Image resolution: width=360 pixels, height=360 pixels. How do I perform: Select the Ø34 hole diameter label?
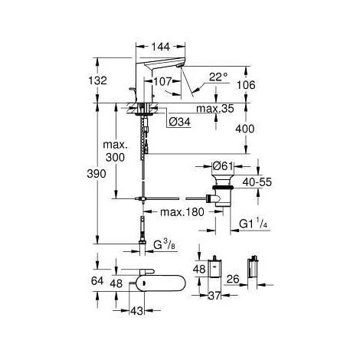pyautogui.click(x=179, y=122)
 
